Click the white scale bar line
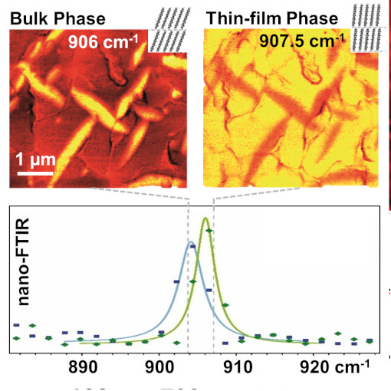pyautogui.click(x=34, y=176)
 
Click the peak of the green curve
pyautogui.click(x=205, y=219)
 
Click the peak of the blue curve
pyautogui.click(x=191, y=242)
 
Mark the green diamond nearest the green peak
pyautogui.click(x=208, y=231)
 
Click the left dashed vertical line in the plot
pyautogui.click(x=187, y=291)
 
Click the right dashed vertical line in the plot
pyautogui.click(x=213, y=291)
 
